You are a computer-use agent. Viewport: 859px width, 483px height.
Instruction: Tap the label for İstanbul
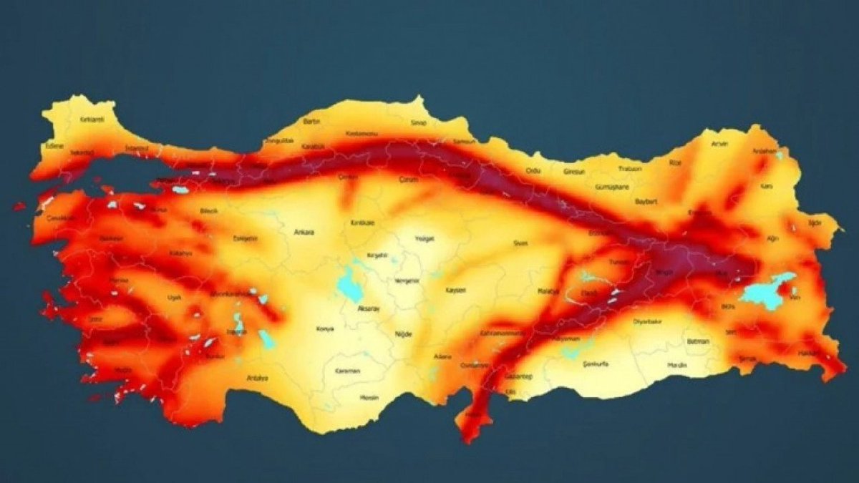137,147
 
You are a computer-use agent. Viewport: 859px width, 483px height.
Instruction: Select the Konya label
325,329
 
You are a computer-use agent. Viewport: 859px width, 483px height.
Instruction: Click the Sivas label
520,243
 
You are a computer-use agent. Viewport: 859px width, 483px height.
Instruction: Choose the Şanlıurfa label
596,364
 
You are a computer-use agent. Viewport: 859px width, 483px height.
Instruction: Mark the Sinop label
418,123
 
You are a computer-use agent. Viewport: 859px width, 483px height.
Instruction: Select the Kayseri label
456,290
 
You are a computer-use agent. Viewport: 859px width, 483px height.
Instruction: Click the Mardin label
677,365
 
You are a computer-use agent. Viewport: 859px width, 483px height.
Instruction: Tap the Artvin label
719,144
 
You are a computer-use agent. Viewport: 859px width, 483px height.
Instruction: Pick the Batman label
697,341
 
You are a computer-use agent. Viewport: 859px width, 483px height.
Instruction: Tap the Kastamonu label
357,134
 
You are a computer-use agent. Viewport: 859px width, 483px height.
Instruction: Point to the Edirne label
54,146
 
